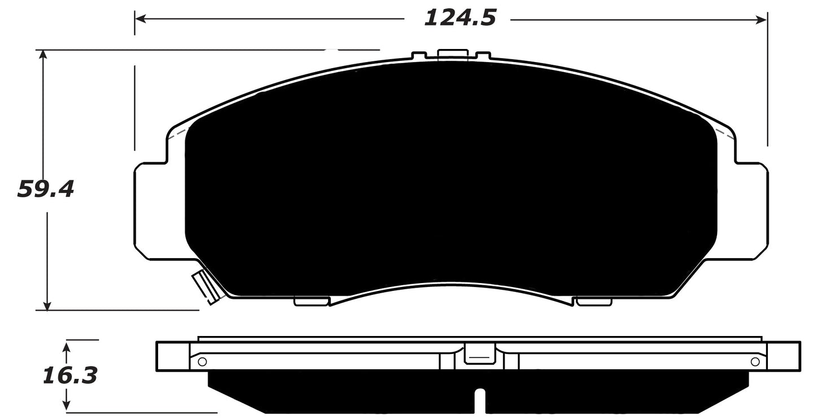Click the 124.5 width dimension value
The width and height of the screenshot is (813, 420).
point(460,18)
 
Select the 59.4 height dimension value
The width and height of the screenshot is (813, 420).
point(45,189)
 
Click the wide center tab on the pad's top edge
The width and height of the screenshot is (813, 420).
point(453,54)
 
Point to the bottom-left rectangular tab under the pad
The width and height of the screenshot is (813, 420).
point(311,302)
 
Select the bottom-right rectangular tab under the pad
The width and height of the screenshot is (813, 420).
point(593,302)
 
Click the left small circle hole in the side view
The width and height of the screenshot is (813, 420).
point(202,361)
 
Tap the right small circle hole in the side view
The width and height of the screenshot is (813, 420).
point(755,361)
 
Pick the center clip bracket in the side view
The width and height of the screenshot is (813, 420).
point(479,356)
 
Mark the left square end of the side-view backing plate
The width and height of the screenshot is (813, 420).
point(172,356)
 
